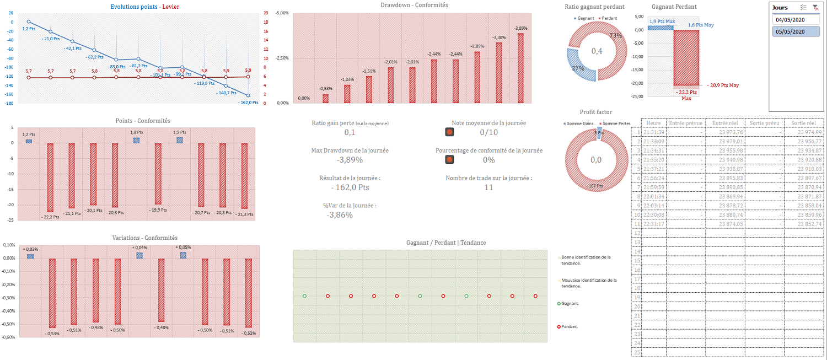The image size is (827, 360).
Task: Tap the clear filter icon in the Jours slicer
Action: click(815, 7)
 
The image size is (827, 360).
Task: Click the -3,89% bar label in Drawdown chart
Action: click(520, 28)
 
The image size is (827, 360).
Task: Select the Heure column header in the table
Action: click(654, 123)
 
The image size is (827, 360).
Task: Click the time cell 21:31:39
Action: click(654, 132)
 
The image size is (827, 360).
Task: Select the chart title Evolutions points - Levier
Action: click(145, 7)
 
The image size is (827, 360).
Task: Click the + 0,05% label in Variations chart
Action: click(184, 248)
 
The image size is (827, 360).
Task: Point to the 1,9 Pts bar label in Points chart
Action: click(179, 132)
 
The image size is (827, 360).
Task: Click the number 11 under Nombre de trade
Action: click(488, 187)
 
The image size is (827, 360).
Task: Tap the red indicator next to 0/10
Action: click(449, 132)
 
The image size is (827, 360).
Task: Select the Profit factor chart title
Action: click(596, 112)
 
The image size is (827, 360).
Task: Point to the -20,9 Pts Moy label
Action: click(723, 85)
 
